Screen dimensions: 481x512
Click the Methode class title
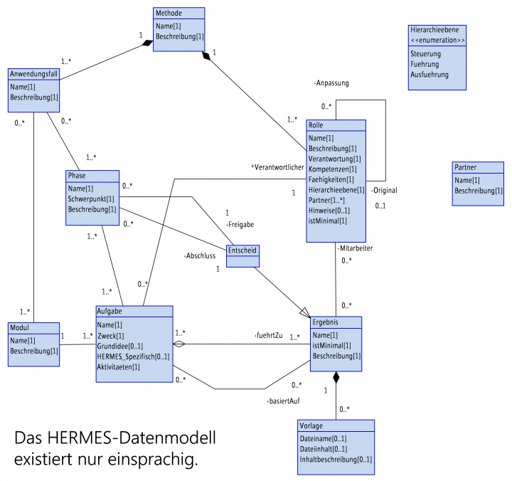pos(169,13)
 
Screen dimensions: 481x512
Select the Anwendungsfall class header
pos(33,74)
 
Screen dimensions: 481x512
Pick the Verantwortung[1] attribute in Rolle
pos(334,159)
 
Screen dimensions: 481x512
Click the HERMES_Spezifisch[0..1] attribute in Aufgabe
pos(133,356)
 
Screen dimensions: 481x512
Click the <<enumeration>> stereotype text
pos(438,41)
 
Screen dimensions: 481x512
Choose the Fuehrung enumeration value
pos(425,64)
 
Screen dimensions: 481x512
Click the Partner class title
pos(466,167)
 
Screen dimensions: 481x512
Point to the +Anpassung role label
pos(331,83)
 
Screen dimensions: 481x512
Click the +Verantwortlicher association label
pos(277,166)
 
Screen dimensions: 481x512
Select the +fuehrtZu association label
pos(268,334)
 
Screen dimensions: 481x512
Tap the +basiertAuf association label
pos(282,401)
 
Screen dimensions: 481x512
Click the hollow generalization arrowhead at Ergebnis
pos(304,312)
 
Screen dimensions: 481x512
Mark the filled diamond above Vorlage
pos(336,378)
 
